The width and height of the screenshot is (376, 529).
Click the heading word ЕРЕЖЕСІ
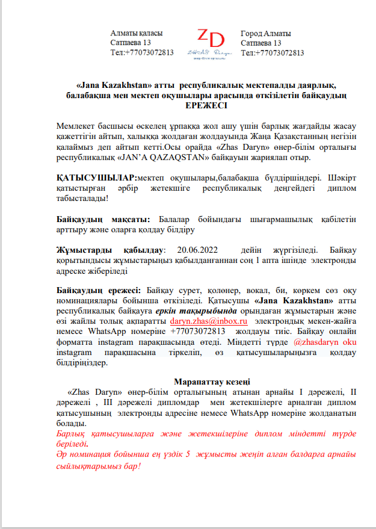(x=206, y=105)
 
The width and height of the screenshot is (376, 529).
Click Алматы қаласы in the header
(x=137, y=34)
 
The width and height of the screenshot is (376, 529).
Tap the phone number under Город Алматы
(x=272, y=53)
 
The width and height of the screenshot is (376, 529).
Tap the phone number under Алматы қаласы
(x=142, y=53)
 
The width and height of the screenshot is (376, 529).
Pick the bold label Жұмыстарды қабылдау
(x=109, y=249)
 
